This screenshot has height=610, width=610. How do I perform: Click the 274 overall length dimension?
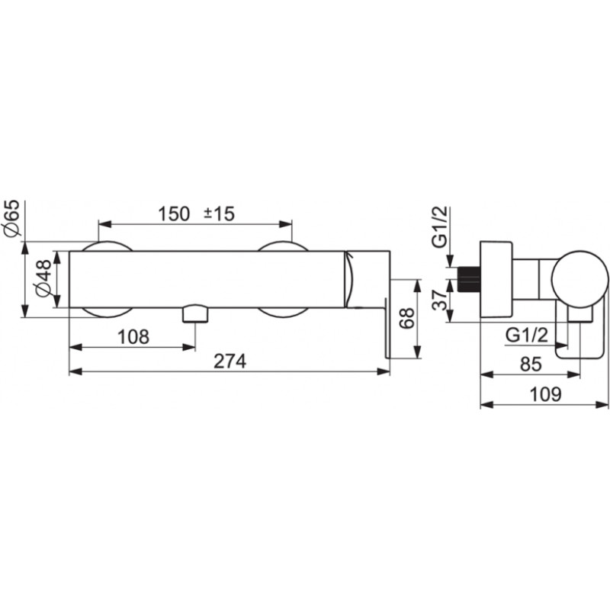(x=230, y=361)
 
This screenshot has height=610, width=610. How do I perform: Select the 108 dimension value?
(x=133, y=337)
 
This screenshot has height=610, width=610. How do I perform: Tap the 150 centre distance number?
(x=174, y=214)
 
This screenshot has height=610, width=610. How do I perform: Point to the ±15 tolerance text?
(x=220, y=214)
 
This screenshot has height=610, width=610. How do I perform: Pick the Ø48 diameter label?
(x=43, y=278)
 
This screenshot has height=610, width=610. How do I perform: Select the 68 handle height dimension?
(x=406, y=318)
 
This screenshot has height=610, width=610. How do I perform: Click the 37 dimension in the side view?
(x=441, y=300)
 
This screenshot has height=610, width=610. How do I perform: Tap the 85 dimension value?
(x=531, y=364)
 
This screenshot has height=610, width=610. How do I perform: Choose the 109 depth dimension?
(x=545, y=394)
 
